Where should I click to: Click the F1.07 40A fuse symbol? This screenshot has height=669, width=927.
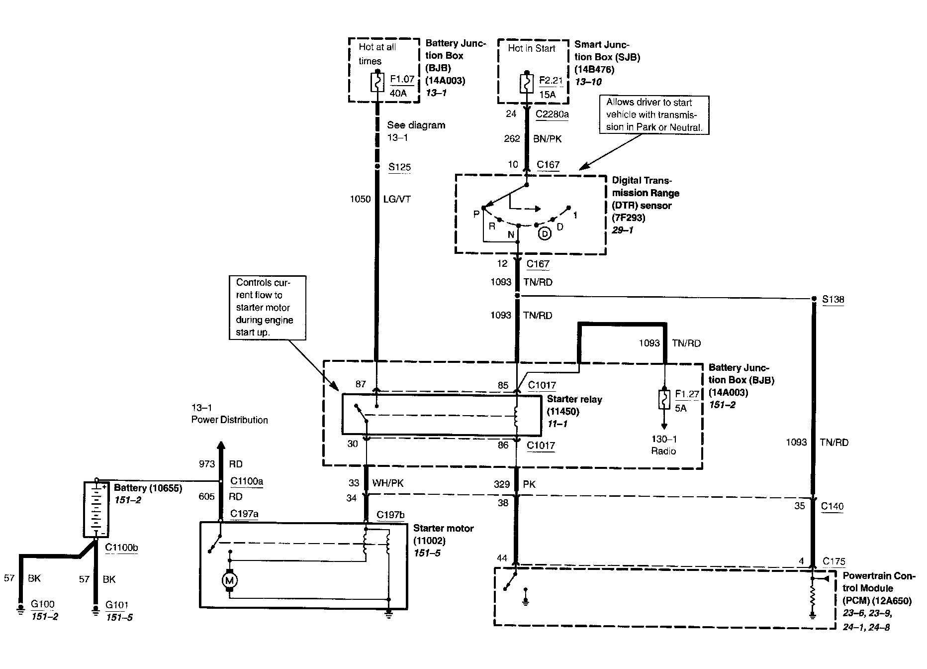click(377, 82)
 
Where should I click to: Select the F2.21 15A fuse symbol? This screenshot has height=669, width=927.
click(526, 83)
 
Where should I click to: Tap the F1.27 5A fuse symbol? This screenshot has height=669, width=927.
click(664, 399)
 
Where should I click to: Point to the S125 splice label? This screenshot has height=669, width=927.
click(400, 167)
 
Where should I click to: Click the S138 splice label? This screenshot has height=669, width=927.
click(833, 300)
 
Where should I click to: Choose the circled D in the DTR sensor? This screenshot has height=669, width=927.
click(545, 233)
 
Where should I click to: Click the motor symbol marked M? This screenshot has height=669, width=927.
click(229, 580)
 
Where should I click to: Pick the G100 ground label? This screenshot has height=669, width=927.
click(43, 605)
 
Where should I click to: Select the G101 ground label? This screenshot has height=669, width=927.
click(117, 605)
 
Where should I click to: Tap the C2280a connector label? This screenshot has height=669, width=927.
click(552, 114)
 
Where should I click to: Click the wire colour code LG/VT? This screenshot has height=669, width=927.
click(397, 199)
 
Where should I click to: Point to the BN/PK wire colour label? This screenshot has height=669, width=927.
click(547, 139)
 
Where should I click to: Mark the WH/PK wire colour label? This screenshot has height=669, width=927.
click(388, 483)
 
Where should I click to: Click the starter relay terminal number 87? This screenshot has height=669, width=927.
click(361, 384)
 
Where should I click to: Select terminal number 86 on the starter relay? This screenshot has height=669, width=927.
click(503, 445)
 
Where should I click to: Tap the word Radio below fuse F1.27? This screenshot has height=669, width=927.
click(663, 451)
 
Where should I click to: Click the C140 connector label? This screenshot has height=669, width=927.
click(832, 507)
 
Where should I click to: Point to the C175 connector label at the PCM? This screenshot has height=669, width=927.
click(834, 561)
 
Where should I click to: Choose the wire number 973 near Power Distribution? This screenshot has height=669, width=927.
click(207, 464)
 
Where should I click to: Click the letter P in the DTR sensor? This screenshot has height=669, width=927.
click(476, 214)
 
